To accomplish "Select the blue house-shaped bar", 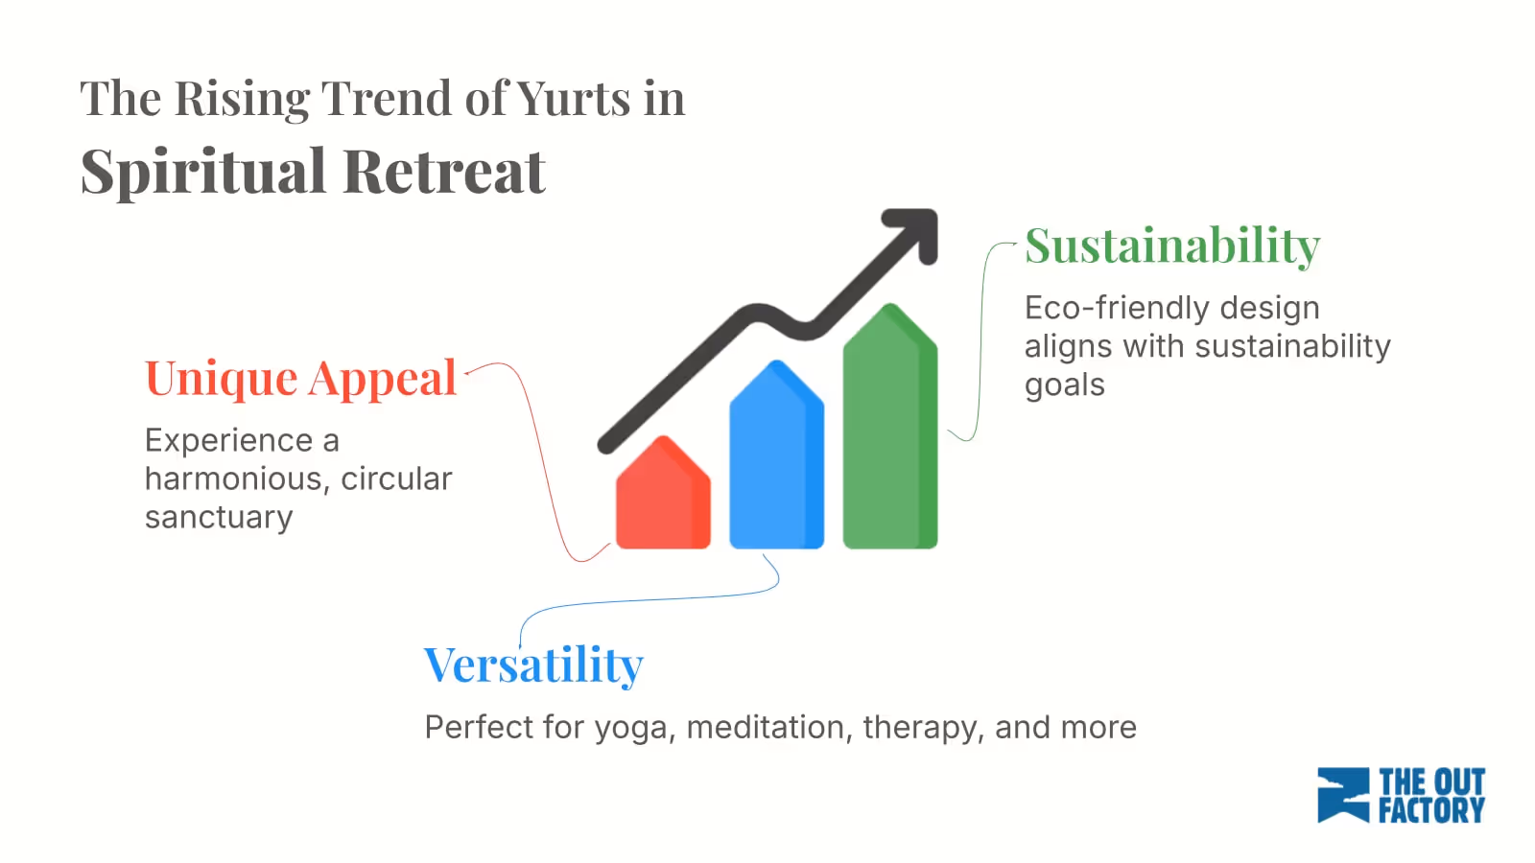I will pos(776,460).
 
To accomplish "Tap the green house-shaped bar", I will pos(889,431).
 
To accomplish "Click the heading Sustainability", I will pos(1172,245).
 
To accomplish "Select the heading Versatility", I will pos(533,665).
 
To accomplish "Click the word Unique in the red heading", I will pos(221,378).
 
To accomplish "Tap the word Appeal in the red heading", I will pos(383,380).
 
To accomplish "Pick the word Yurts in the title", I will pos(574,99).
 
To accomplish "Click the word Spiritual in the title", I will pos(203,173).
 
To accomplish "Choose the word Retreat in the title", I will pos(443,173).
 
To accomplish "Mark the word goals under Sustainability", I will pos(1064,385).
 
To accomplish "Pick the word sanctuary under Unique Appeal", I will pos(219,518).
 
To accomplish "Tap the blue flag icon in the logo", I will pos(1342,795).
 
